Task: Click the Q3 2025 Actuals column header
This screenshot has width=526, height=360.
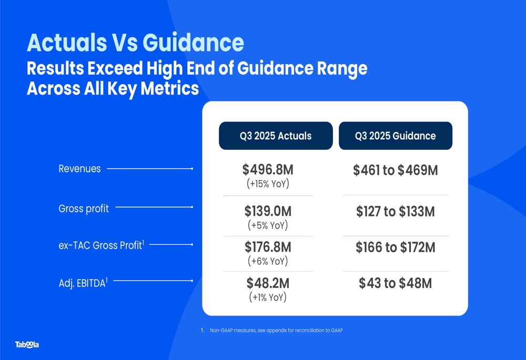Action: [x=276, y=136]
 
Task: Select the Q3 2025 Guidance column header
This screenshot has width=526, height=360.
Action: [x=395, y=136]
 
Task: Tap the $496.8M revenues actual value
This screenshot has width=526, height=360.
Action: [x=268, y=170]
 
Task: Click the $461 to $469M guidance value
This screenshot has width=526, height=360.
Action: [x=395, y=170]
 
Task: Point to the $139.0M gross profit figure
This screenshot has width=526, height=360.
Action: [x=268, y=211]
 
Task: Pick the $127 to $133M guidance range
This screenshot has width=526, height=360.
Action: [x=395, y=212]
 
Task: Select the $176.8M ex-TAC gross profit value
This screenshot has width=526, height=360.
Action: [x=268, y=247]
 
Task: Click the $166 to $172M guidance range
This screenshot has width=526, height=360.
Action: [x=395, y=247]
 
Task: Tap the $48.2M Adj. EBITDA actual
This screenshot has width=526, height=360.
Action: [x=268, y=283]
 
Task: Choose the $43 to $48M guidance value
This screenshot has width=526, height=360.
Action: [x=395, y=283]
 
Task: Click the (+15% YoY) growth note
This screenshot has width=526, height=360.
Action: [x=268, y=184]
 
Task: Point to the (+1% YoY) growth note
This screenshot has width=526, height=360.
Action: [x=268, y=297]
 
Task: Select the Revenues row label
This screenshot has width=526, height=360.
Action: [x=79, y=169]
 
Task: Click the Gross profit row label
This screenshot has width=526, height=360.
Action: [x=84, y=208]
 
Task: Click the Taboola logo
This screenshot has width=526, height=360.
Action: [x=27, y=345]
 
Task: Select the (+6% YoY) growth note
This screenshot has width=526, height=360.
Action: [x=268, y=261]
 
